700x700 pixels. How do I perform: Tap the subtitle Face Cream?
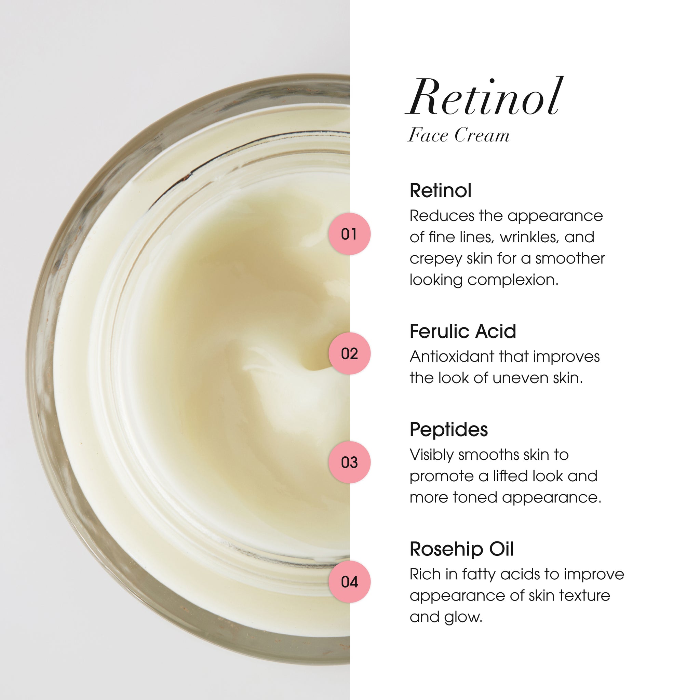pyautogui.click(x=459, y=135)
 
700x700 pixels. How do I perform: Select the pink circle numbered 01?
pyautogui.click(x=349, y=234)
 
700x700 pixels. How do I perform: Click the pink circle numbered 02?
pyautogui.click(x=349, y=354)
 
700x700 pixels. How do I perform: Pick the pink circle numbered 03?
pyautogui.click(x=349, y=462)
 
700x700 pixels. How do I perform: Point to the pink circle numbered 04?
pyautogui.click(x=349, y=582)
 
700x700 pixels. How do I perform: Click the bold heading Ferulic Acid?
pyautogui.click(x=463, y=331)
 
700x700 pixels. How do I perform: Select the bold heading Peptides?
pyautogui.click(x=448, y=429)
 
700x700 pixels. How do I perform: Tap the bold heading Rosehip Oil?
pyautogui.click(x=461, y=549)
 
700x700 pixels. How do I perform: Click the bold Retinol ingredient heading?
pyautogui.click(x=441, y=191)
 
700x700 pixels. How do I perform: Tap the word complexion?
pyautogui.click(x=513, y=280)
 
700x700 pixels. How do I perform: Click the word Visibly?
pyautogui.click(x=432, y=455)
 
